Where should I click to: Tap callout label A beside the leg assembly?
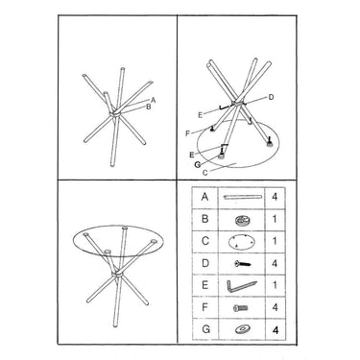(x=154, y=100)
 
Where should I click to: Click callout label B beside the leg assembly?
(x=149, y=107)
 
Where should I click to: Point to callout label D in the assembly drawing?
(x=271, y=97)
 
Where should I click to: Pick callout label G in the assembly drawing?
(x=198, y=164)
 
